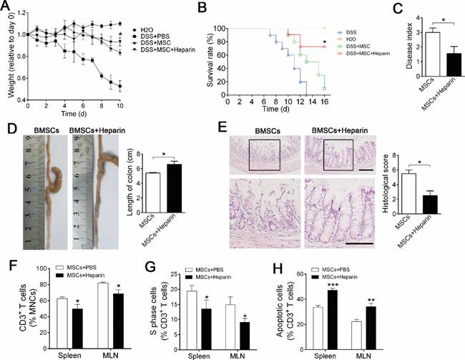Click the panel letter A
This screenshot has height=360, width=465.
tap(6, 6)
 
